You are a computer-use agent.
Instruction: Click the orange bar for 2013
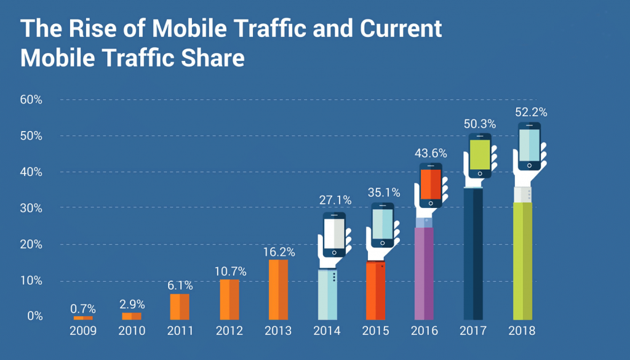[x=279, y=289]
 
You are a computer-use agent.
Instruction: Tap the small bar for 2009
[x=83, y=318]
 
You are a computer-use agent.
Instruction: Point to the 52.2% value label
[x=530, y=113]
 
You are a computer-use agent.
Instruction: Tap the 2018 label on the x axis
[x=522, y=331]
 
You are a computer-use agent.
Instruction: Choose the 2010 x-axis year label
[x=131, y=331]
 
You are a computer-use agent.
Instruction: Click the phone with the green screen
[x=480, y=155]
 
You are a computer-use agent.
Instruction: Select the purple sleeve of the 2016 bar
[x=424, y=271]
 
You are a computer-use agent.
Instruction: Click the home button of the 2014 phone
[x=334, y=252]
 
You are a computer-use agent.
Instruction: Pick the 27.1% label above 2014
[x=335, y=200]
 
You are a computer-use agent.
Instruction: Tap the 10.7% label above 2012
[x=231, y=271]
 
